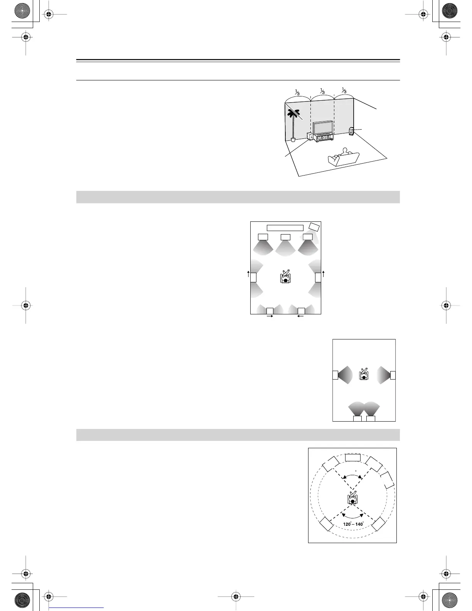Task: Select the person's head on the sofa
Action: tap(344, 150)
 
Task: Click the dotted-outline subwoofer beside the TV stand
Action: tap(310, 137)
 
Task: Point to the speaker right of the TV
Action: tap(351, 131)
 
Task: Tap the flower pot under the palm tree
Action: tap(293, 139)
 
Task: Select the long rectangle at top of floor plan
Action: tap(285, 228)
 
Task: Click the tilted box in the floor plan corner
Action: tap(315, 227)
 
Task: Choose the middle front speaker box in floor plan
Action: tap(285, 237)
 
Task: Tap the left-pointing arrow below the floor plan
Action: tap(300, 316)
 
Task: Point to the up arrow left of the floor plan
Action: tap(248, 274)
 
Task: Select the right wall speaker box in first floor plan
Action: tap(318, 277)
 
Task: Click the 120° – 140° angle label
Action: tap(353, 524)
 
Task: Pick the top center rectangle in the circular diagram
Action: tap(352, 457)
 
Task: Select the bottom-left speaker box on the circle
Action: tap(326, 524)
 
